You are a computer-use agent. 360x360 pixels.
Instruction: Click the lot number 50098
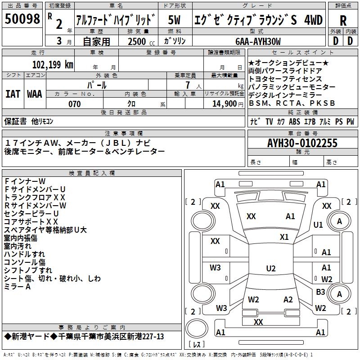(x=23, y=19)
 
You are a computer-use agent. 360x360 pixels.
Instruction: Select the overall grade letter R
(x=343, y=20)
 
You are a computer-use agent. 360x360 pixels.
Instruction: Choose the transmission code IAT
(x=13, y=94)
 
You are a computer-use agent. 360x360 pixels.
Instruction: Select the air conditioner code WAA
(x=35, y=94)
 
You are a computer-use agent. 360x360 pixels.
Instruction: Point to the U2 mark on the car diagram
(x=270, y=269)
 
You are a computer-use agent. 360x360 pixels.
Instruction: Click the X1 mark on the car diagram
(x=284, y=237)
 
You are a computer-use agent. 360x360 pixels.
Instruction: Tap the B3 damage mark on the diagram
(x=320, y=292)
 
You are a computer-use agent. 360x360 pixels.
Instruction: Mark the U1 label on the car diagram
(x=318, y=225)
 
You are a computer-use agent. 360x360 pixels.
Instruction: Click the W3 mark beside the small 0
(x=215, y=268)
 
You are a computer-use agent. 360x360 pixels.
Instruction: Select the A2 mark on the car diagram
(x=288, y=300)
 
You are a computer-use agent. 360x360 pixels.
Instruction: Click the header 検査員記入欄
(x=92, y=173)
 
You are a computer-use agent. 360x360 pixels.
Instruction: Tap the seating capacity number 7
(x=186, y=85)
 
